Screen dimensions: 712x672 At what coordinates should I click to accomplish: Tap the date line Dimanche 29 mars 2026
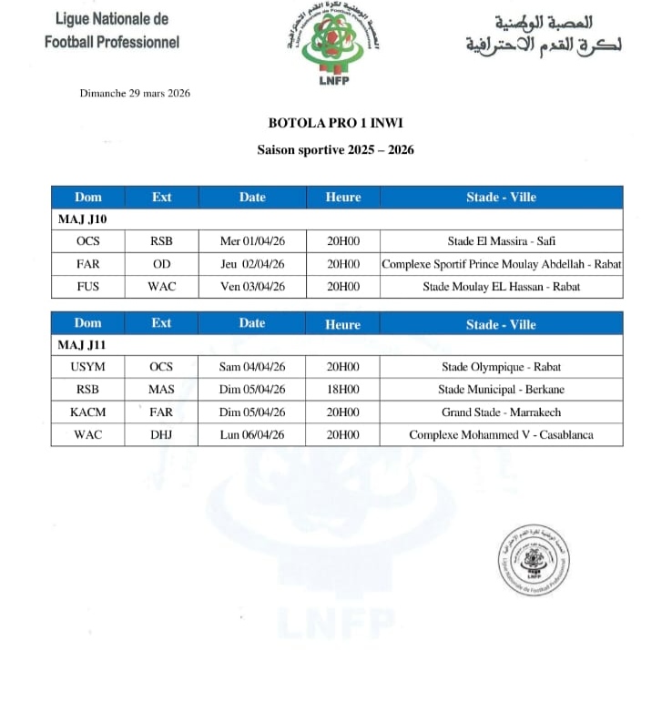(x=135, y=93)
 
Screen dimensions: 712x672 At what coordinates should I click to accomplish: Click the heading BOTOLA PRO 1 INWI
(x=335, y=124)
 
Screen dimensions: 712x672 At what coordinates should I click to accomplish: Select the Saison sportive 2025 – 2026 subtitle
(x=335, y=149)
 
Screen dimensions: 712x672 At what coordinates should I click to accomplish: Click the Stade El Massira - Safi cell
(x=501, y=241)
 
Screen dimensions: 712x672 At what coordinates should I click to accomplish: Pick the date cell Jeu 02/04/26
(x=252, y=264)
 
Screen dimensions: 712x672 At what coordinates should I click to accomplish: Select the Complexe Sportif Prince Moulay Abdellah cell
(x=501, y=264)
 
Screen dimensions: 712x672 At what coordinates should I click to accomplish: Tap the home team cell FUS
(x=88, y=287)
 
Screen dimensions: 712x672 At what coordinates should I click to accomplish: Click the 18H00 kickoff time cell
(x=343, y=390)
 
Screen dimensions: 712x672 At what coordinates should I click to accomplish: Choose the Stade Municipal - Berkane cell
(x=501, y=390)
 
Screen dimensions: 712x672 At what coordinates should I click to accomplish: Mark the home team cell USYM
(x=88, y=367)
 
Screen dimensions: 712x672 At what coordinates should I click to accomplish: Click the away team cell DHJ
(x=161, y=434)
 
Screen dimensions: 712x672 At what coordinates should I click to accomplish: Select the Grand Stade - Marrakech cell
(x=501, y=412)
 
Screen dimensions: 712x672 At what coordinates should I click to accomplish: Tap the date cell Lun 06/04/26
(x=252, y=434)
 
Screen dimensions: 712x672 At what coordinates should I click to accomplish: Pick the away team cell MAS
(x=161, y=390)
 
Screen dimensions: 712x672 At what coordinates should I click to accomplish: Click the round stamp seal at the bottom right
(x=535, y=562)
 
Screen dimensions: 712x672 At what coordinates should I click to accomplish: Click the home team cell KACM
(x=88, y=412)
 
